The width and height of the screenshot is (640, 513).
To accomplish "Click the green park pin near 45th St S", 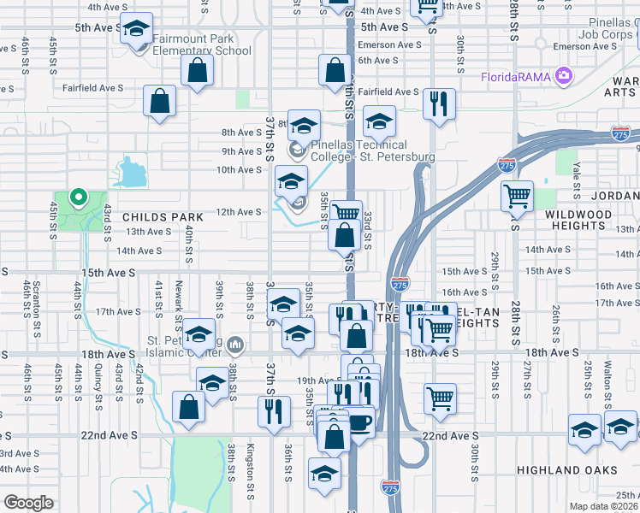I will pyautogui.click(x=79, y=199).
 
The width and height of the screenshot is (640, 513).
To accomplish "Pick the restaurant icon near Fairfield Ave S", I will pyautogui.click(x=439, y=103).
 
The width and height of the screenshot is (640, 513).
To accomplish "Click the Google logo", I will pyautogui.click(x=28, y=503).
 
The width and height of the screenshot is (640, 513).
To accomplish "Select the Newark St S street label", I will pyautogui.click(x=179, y=300).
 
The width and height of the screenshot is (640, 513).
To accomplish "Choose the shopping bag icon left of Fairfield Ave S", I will pyautogui.click(x=159, y=101).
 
